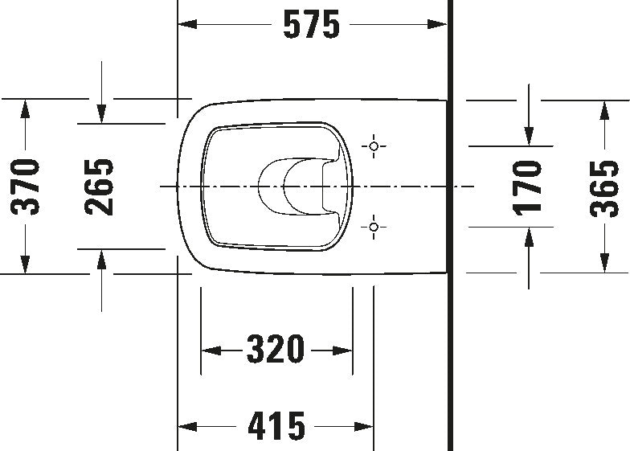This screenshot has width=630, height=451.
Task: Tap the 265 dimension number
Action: point(100,186)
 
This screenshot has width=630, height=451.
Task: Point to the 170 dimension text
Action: point(529,186)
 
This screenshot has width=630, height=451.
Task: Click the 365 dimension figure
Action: point(603,186)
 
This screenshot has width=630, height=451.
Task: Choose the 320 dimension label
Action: point(276,350)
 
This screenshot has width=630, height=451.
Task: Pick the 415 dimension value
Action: point(276,424)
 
